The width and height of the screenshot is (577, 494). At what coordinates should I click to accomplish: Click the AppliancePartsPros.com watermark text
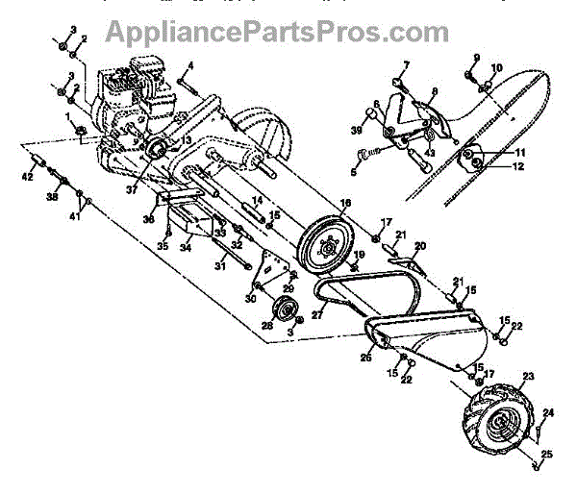277,33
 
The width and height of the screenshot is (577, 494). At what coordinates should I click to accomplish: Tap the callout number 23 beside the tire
528,376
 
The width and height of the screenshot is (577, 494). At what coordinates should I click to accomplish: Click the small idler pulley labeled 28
285,310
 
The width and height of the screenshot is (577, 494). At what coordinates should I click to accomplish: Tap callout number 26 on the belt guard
365,358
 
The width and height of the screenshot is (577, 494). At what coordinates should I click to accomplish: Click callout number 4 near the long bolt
190,65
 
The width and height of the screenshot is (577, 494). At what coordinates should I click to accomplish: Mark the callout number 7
406,65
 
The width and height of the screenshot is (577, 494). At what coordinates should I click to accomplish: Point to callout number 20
419,247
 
